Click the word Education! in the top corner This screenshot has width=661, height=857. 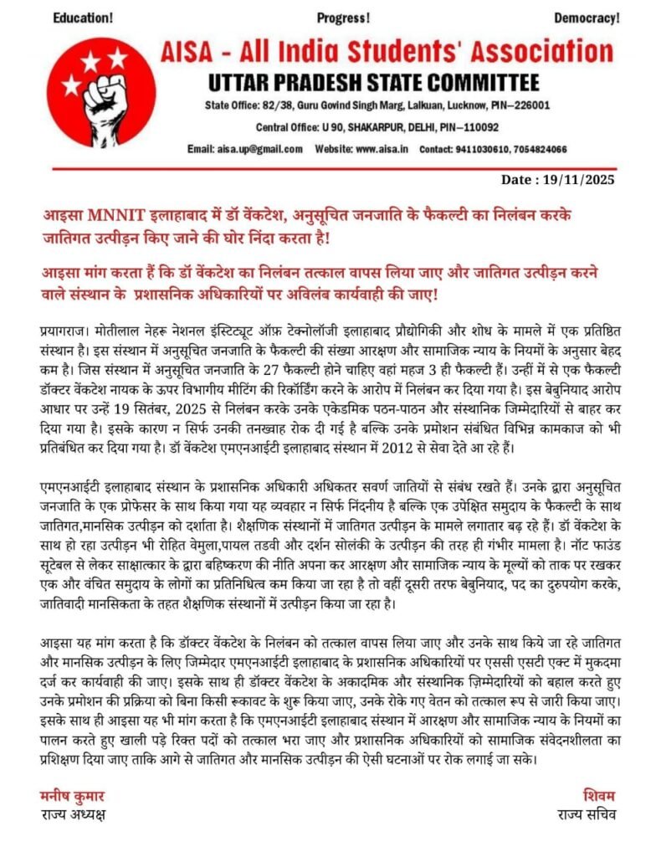click(83, 18)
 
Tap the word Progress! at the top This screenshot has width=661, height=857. click(343, 18)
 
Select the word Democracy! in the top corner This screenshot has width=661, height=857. click(587, 18)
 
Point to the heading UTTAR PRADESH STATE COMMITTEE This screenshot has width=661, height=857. click(372, 82)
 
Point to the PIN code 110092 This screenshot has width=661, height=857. click(476, 127)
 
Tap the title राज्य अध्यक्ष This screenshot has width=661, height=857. click(73, 813)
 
